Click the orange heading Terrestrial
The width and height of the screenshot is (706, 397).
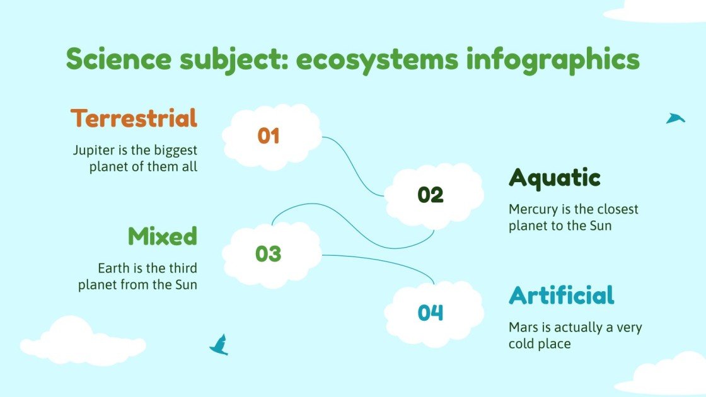click(134, 118)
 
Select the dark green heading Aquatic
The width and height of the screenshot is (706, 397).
click(554, 178)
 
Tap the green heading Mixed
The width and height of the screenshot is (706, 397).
click(162, 236)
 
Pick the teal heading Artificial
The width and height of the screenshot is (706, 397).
click(561, 296)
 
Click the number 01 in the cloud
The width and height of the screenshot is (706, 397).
click(269, 136)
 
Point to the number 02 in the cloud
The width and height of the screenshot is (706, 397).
click(431, 195)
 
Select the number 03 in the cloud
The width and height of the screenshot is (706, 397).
click(269, 254)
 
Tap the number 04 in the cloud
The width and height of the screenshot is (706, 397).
click(431, 313)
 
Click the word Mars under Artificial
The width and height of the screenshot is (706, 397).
click(523, 328)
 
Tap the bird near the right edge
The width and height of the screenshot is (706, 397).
click(675, 118)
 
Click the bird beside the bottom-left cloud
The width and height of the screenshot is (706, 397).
click(219, 344)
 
